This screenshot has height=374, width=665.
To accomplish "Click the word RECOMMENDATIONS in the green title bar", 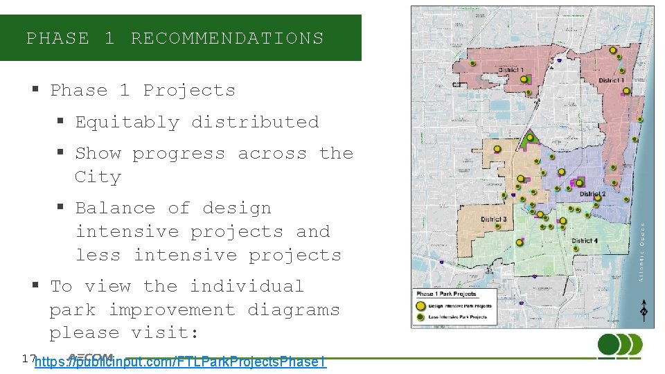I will click(227, 38).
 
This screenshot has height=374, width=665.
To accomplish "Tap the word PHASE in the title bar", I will click(57, 38).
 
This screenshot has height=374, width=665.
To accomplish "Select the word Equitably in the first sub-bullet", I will click(127, 122).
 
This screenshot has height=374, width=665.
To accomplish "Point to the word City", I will click(98, 177).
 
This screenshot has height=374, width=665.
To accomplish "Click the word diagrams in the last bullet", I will click(294, 310).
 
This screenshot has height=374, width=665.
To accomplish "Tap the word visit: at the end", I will click(165, 333).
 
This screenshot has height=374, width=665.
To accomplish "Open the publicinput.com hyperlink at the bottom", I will click(180, 362).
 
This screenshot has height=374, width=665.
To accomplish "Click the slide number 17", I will click(28, 358).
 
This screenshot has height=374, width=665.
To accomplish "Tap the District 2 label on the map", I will click(592, 195).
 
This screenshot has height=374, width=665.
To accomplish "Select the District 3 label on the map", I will click(494, 220).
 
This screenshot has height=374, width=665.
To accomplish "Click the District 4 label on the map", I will click(585, 241).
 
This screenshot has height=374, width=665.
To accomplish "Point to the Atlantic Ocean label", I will click(641, 251).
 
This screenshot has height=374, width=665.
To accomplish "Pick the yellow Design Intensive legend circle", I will click(420, 305).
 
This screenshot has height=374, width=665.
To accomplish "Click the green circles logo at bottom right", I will click(619, 345).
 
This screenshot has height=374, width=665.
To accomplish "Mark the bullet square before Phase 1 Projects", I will click(34, 90).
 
